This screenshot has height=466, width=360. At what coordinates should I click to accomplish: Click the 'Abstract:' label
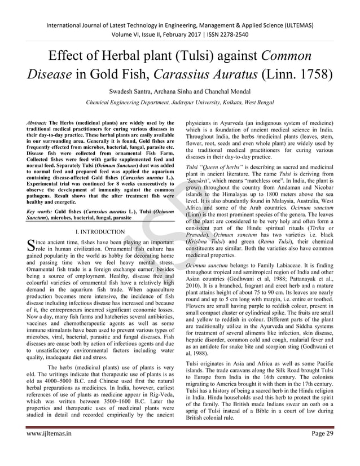coord(37,122)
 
